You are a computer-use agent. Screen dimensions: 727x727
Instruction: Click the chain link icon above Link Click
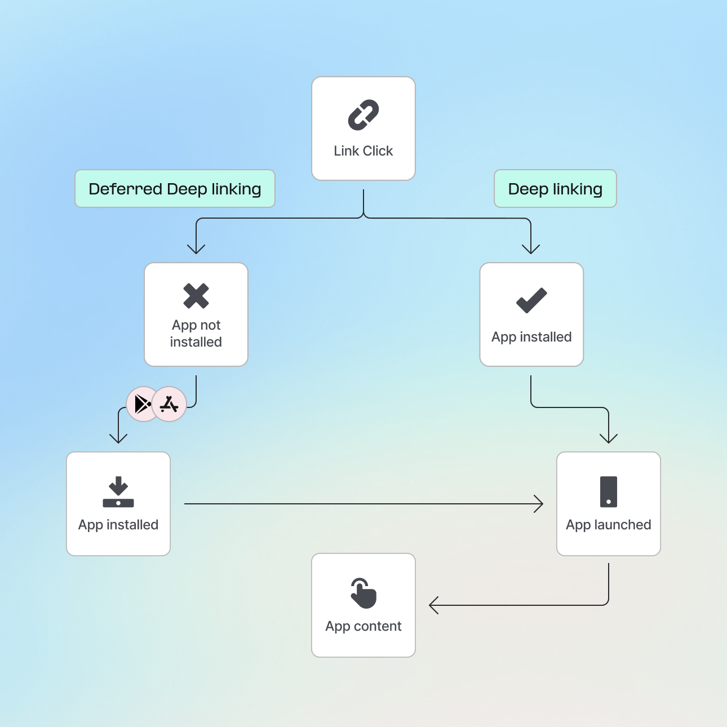[363, 115]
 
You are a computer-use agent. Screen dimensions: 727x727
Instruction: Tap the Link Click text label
[363, 151]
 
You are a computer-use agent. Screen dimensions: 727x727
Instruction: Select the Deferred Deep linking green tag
[175, 189]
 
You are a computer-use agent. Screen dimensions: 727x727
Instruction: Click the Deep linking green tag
[555, 189]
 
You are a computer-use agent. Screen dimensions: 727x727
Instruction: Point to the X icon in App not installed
[196, 296]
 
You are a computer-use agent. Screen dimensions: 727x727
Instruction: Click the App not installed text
[196, 334]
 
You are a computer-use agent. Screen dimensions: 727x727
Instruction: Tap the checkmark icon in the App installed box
[531, 300]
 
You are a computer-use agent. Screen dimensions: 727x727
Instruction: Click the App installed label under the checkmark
[531, 337]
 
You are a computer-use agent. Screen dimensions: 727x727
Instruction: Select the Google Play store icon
[143, 404]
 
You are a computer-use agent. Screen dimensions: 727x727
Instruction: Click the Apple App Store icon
[169, 404]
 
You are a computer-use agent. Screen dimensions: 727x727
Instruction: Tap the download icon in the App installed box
[118, 492]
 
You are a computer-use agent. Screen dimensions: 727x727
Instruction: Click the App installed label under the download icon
[118, 525]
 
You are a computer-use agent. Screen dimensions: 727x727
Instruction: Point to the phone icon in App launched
[609, 492]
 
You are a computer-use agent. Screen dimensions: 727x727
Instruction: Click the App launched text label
[609, 525]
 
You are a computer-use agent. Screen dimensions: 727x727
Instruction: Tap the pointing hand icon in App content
[363, 593]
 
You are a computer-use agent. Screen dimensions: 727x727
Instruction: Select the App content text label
[363, 626]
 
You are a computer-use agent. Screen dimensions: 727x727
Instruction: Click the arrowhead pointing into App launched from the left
[539, 504]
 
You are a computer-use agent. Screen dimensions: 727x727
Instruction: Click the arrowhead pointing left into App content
[433, 605]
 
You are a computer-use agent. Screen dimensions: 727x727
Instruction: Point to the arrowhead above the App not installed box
[196, 249]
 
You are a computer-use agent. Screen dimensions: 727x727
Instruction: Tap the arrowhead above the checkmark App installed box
[531, 249]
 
